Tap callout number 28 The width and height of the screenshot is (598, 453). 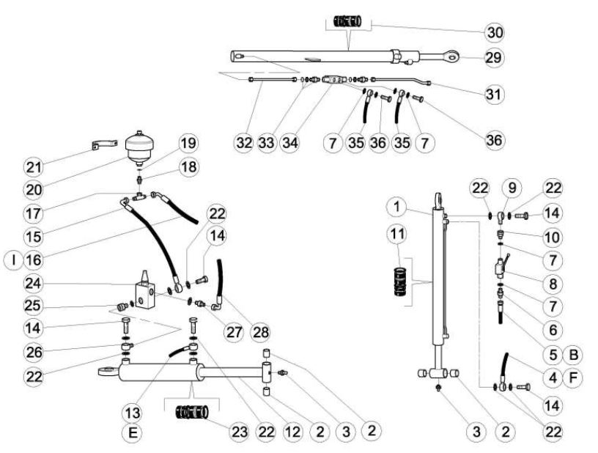point(261,331)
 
